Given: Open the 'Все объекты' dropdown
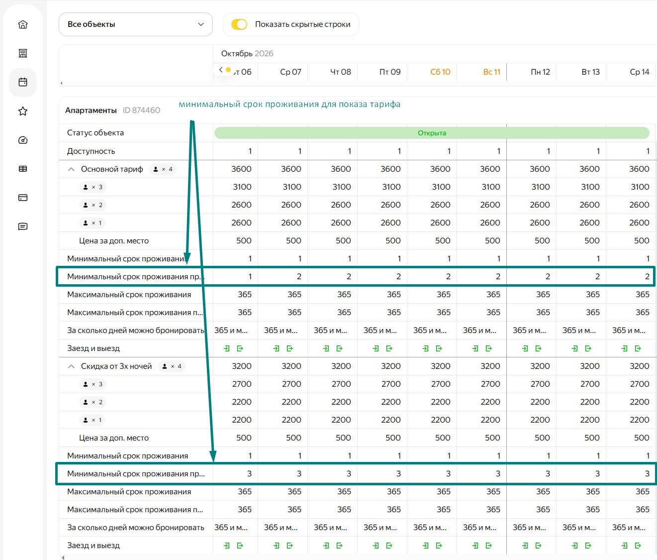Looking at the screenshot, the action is coord(135,24).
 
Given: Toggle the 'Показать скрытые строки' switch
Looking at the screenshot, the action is coord(239,24).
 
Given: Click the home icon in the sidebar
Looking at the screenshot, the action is coord(23,24).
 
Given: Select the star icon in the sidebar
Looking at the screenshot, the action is coord(23,111).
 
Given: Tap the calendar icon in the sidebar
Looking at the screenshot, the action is coord(23,82).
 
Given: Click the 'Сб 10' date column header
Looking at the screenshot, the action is coord(440,72).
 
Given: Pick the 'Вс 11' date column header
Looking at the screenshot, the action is coord(491,72).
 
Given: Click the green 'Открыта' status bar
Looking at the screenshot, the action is coord(432,133).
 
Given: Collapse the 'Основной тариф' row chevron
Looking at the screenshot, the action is coord(71,169).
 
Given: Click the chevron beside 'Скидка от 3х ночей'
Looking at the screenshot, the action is coord(71,366).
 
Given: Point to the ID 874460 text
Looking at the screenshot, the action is coord(141,110).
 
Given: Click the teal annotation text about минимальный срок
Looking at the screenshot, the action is coord(289,105).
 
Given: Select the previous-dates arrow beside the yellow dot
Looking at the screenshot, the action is coord(221,69).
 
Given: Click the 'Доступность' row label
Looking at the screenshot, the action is coord(91,151).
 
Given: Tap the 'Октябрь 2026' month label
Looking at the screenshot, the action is coord(247,53).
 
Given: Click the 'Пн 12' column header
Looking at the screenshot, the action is coord(540,72).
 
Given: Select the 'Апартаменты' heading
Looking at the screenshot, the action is coord(91,110).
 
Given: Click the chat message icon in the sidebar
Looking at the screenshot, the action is coord(23,226).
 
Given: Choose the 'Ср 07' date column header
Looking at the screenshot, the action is coord(290,72).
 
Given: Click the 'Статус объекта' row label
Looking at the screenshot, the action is coord(95,133).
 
